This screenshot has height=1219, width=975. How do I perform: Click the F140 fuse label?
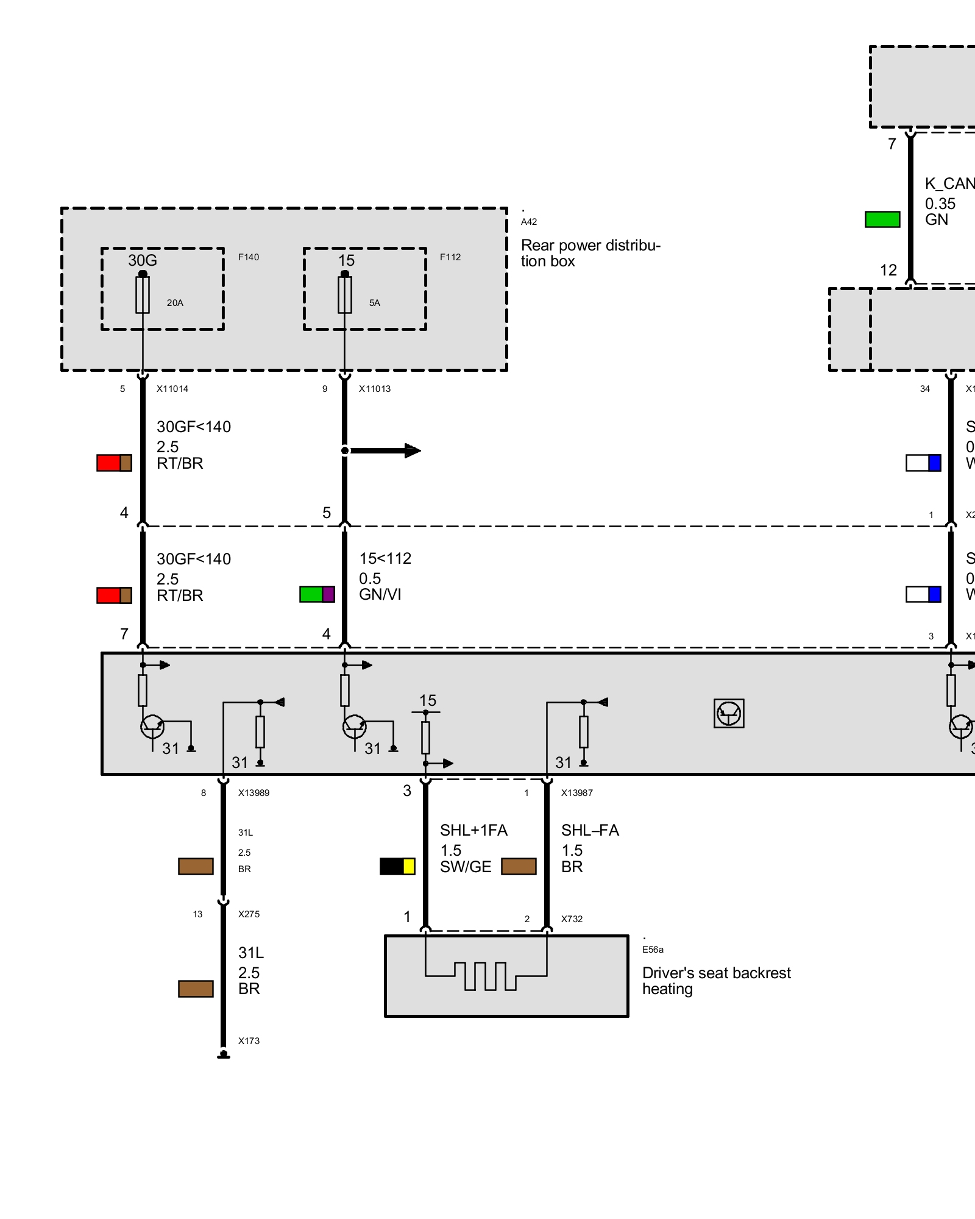(249, 257)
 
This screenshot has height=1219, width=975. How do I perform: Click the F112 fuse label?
(450, 257)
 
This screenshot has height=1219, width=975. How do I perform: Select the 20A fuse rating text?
(175, 303)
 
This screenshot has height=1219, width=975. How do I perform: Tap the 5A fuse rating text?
(374, 303)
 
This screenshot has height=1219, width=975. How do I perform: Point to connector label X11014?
(172, 389)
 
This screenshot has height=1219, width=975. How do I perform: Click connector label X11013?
(375, 389)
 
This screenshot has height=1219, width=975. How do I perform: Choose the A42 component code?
(529, 222)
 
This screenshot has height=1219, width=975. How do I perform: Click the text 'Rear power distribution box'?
(590, 253)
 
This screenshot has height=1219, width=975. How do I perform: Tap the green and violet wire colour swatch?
(317, 594)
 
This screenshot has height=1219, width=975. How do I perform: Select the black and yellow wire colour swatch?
(397, 866)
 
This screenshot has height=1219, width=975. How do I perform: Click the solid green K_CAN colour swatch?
(882, 219)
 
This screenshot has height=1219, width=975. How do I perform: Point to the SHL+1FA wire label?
(473, 830)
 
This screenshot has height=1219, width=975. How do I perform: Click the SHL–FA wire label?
(590, 830)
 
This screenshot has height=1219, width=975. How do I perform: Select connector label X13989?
(253, 793)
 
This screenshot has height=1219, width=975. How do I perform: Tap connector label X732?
(572, 919)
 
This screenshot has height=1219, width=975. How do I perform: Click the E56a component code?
(653, 950)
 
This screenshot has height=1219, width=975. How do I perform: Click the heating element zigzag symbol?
(486, 976)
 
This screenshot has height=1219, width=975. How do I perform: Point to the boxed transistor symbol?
(729, 713)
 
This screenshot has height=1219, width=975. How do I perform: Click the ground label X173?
(249, 1041)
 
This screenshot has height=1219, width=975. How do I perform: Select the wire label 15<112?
(385, 558)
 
